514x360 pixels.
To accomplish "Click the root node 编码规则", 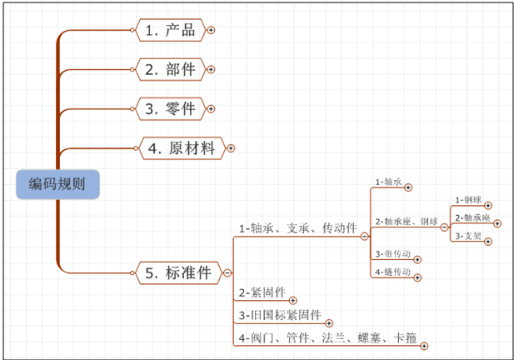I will pyautogui.click(x=57, y=184).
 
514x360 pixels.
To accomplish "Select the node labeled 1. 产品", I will pyautogui.click(x=170, y=31).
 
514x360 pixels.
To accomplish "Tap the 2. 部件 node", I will pyautogui.click(x=170, y=69).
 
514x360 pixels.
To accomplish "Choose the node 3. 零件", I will pyautogui.click(x=170, y=108).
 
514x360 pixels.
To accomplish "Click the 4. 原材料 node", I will pyautogui.click(x=181, y=148).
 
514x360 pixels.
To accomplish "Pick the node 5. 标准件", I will pyautogui.click(x=177, y=272).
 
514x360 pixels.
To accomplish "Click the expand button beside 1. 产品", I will pyautogui.click(x=211, y=31).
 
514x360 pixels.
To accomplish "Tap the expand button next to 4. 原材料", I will pyautogui.click(x=231, y=148).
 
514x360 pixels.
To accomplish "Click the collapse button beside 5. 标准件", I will pyautogui.click(x=227, y=272).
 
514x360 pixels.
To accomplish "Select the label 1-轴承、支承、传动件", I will pyautogui.click(x=298, y=227).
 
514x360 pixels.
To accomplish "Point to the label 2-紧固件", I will pyautogui.click(x=262, y=292).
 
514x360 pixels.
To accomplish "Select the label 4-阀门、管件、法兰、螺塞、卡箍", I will pyautogui.click(x=327, y=337).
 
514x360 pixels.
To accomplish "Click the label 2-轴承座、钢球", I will pyautogui.click(x=406, y=221).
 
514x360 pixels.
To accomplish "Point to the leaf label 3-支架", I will pyautogui.click(x=468, y=237).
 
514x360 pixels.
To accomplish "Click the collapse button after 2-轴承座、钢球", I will pyautogui.click(x=444, y=226).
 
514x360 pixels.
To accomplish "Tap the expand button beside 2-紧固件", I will pyautogui.click(x=292, y=299).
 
